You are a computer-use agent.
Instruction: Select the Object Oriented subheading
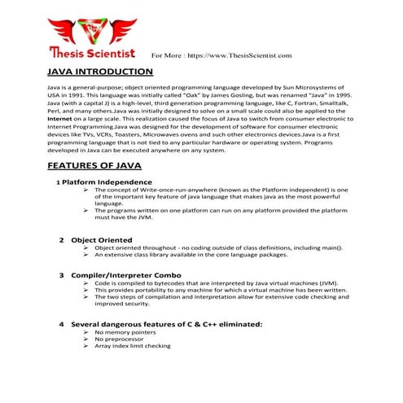101,240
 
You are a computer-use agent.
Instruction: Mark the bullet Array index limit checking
133,347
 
